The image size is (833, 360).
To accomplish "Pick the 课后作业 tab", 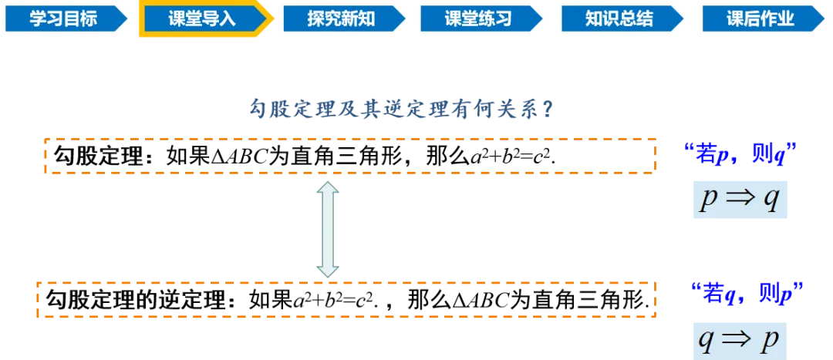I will (760, 19).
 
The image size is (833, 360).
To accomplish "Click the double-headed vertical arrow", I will (329, 229).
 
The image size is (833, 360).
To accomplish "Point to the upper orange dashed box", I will (351, 156).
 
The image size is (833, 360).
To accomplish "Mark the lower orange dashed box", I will (345, 298).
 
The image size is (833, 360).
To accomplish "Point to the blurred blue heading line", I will (401, 108).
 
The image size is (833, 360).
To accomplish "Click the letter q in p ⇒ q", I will (771, 202).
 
